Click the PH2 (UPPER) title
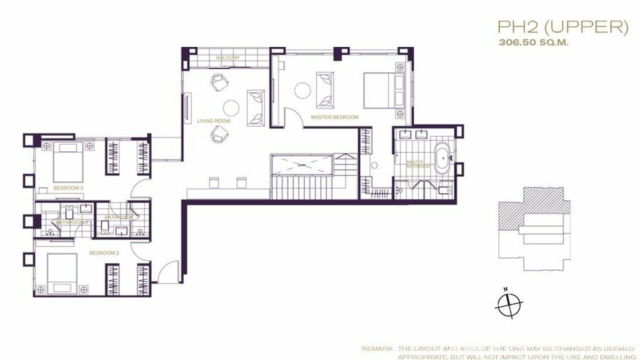(563, 27)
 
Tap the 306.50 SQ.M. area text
(534, 42)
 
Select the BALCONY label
(227, 58)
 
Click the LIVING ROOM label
(214, 121)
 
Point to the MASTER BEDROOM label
(334, 117)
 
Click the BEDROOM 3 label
(68, 188)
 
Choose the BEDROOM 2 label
(104, 253)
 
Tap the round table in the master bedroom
(302, 90)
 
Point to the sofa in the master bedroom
(325, 90)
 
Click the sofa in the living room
(256, 107)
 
